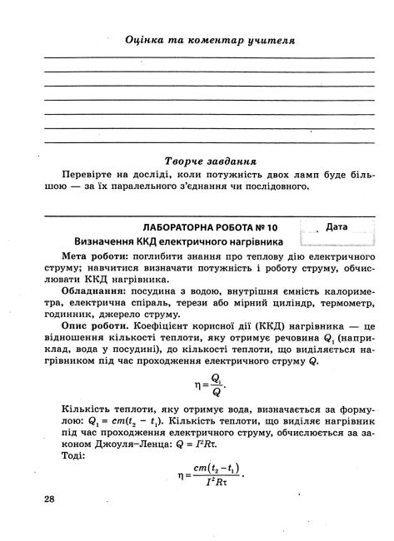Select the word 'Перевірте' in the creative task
[90, 175]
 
